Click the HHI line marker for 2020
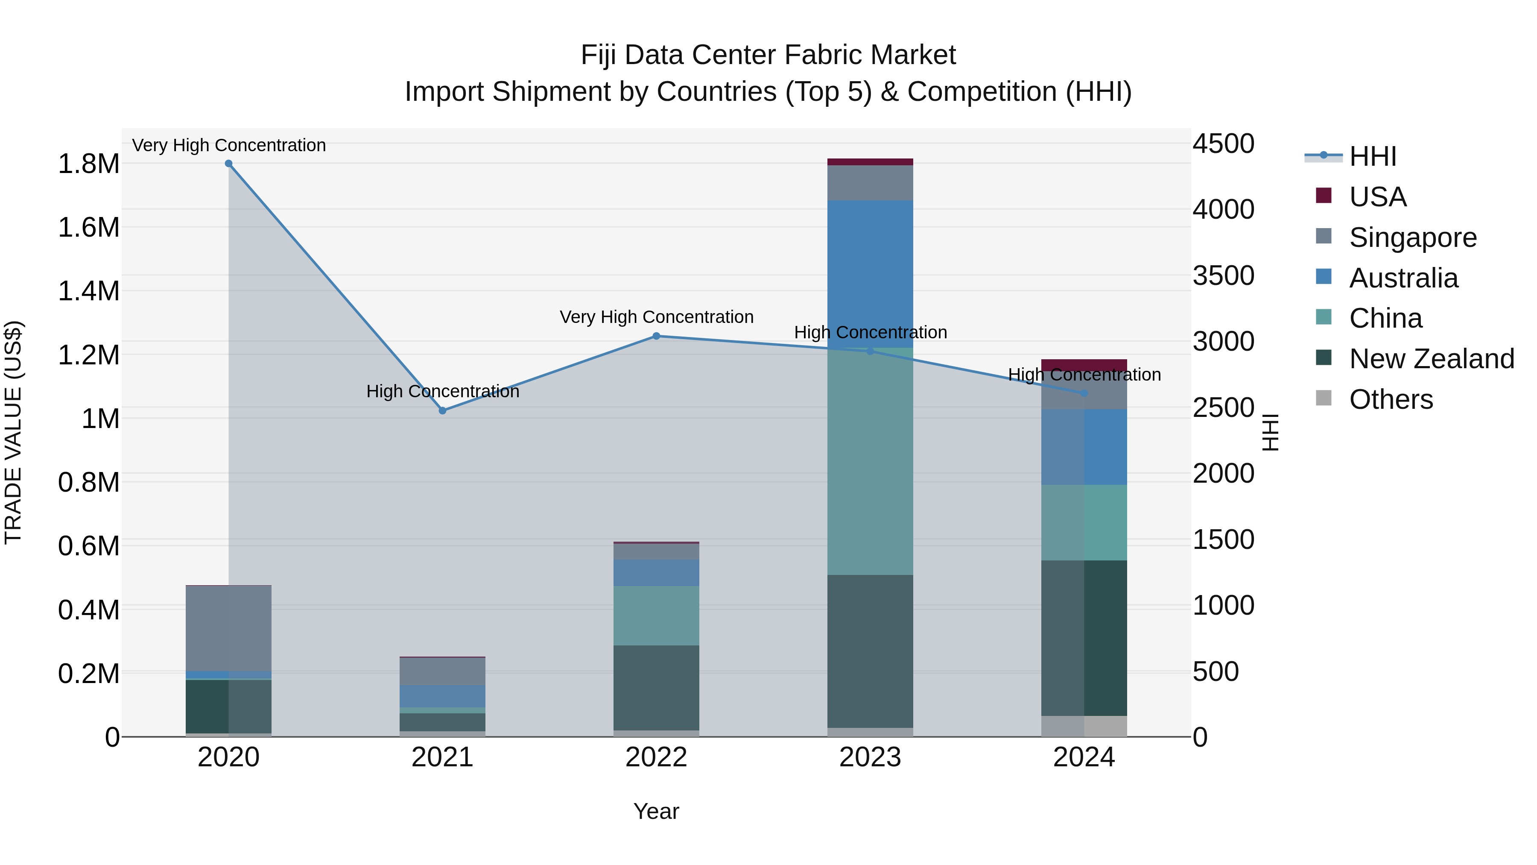click(x=228, y=164)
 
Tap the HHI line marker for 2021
click(x=442, y=411)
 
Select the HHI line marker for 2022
click(x=656, y=336)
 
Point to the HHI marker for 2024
click(x=1084, y=393)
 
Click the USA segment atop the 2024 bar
click(x=1084, y=365)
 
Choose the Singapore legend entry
click(x=1412, y=238)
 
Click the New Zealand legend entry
click(x=1431, y=359)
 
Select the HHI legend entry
click(x=1372, y=156)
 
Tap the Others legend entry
click(x=1390, y=399)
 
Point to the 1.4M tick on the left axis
click(x=88, y=291)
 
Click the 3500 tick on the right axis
click(x=1223, y=276)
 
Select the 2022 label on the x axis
click(x=656, y=757)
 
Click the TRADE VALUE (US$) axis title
click(x=14, y=432)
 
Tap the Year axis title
click(x=656, y=811)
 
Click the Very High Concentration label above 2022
click(x=656, y=317)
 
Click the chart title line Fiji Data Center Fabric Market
click(x=768, y=55)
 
